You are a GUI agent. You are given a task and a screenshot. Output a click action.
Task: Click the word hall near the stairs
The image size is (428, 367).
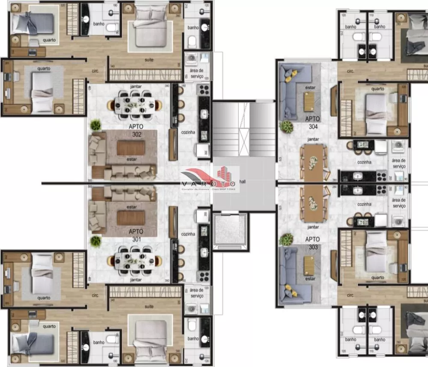(243, 182)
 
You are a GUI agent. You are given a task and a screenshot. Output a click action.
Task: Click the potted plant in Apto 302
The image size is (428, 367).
(95, 125)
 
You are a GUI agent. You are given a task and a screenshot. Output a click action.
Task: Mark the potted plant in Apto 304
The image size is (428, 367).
(285, 127)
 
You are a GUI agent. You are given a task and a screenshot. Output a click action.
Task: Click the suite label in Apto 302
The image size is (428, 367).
(149, 60)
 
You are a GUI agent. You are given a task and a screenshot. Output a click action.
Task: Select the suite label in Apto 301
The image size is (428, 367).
(149, 306)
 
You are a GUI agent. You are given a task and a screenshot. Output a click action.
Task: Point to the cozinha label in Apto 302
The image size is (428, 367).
(188, 132)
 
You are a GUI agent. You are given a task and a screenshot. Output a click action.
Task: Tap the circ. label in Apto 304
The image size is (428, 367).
(350, 71)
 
